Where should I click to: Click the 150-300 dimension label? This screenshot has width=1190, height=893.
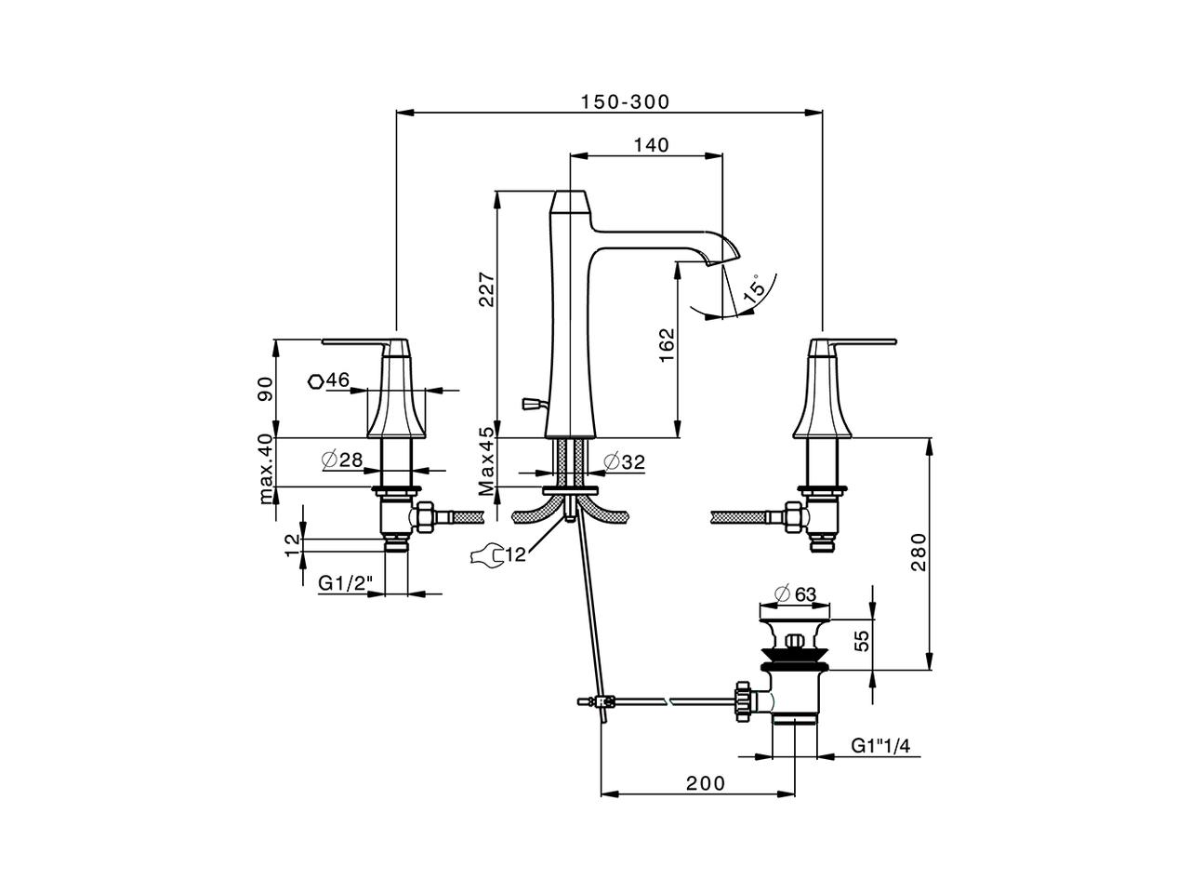click(625, 101)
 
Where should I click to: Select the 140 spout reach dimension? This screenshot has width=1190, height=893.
click(651, 144)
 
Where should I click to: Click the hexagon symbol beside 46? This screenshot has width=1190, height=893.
click(316, 380)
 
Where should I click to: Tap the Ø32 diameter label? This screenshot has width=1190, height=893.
click(623, 461)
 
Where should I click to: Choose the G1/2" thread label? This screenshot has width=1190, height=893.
click(346, 583)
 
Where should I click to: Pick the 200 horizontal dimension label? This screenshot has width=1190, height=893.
click(706, 783)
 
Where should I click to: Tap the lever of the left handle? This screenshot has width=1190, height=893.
click(353, 341)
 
